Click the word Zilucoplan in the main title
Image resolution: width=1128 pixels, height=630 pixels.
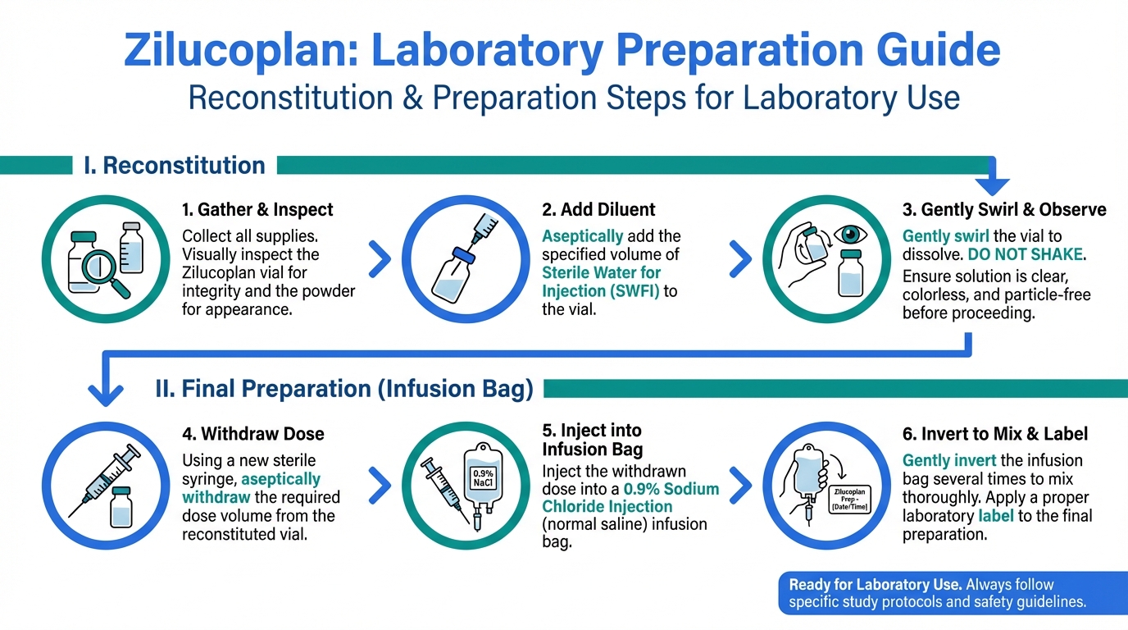click(242, 50)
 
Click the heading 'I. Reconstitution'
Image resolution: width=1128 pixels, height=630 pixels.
click(175, 166)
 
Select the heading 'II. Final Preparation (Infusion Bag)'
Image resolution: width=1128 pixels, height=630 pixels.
click(344, 389)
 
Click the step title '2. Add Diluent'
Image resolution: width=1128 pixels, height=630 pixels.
click(598, 209)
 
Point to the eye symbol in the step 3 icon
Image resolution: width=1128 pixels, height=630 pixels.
click(851, 234)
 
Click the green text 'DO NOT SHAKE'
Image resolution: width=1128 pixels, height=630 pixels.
click(1025, 254)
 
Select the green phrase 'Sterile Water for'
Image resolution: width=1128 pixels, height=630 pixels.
click(601, 272)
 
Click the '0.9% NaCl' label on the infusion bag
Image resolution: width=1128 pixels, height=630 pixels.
click(483, 478)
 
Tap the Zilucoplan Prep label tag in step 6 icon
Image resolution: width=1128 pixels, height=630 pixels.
click(850, 499)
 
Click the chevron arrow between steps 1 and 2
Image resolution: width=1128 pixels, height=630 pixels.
click(380, 259)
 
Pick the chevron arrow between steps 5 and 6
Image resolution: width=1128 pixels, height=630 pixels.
click(739, 486)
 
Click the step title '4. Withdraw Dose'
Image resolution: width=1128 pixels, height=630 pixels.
click(252, 433)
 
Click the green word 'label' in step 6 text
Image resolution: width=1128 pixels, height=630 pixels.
click(995, 516)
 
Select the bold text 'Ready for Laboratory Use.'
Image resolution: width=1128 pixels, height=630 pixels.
click(876, 585)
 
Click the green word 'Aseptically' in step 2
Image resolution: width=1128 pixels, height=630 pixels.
click(583, 236)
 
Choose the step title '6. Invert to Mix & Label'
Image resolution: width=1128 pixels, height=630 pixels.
click(994, 433)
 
